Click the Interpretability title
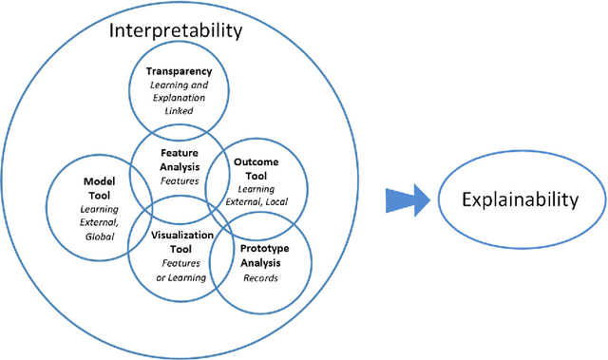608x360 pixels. coord(176,30)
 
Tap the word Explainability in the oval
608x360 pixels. coord(519,199)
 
